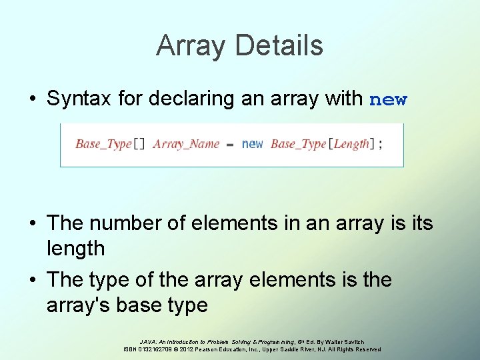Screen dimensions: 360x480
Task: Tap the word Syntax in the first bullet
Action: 79,99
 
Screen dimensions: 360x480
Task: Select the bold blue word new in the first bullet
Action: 387,100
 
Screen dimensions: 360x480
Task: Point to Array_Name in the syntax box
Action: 186,144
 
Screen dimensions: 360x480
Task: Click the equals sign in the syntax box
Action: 230,144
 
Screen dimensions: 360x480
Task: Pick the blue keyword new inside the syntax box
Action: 252,144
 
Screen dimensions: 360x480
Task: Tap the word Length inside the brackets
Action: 351,144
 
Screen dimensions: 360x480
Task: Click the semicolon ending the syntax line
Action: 381,145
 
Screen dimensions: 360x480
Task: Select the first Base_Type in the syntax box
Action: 103,144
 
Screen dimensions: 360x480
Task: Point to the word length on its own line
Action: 75,249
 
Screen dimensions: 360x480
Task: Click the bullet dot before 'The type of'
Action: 32,280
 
